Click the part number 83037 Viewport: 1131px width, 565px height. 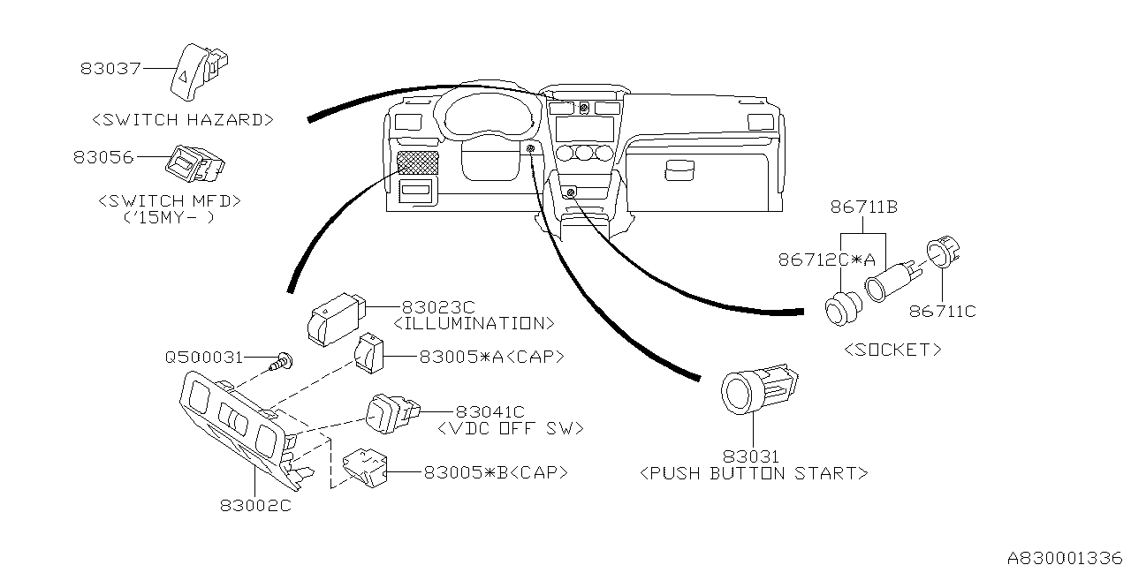pos(110,67)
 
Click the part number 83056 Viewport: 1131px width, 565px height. pos(103,157)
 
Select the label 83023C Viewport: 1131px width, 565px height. pos(439,306)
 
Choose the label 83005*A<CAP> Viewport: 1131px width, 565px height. pos(491,357)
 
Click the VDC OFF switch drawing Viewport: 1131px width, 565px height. pos(390,413)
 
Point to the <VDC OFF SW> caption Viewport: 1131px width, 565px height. pos(511,428)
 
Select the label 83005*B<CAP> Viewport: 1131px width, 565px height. pos(495,472)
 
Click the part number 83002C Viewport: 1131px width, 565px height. pos(255,506)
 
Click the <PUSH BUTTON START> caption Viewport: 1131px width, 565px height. pos(753,473)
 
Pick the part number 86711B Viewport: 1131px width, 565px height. pos(864,208)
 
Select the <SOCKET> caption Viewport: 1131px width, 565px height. pos(892,350)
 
